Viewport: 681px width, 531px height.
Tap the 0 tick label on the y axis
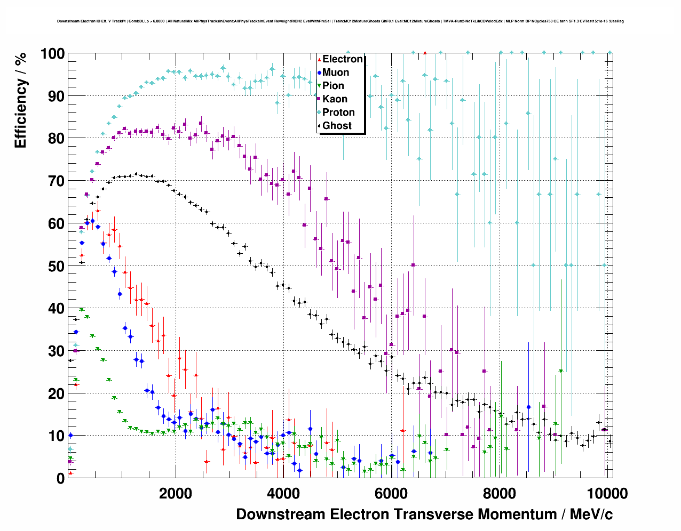(60, 478)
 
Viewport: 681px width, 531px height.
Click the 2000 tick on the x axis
(176, 494)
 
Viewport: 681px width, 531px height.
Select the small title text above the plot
(340, 21)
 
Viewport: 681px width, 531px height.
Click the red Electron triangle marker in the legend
(319, 59)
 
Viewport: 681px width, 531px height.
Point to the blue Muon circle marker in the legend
(319, 73)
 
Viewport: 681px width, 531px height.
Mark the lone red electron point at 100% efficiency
(425, 53)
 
